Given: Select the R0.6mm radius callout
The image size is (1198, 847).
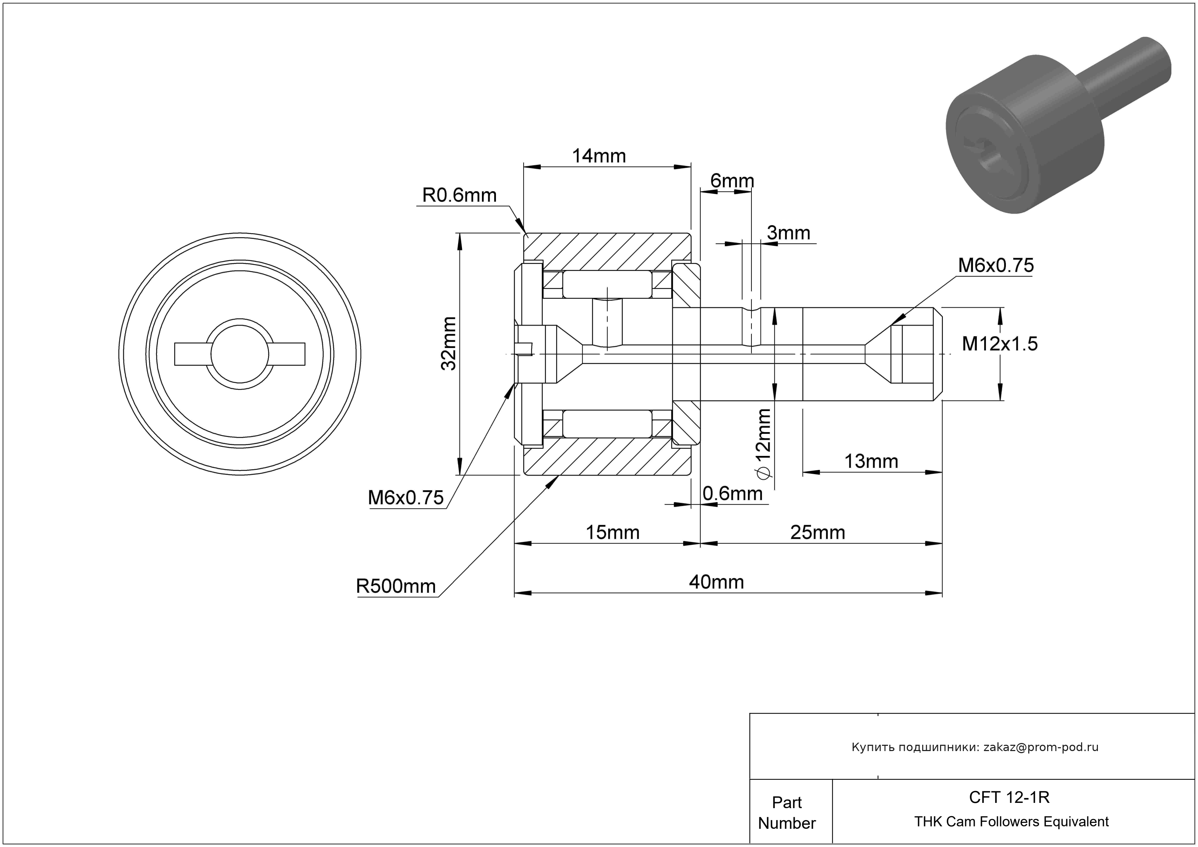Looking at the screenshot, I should (459, 195).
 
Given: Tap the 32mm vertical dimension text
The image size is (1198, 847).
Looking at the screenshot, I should (449, 343).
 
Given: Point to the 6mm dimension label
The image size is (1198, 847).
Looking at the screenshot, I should (732, 181).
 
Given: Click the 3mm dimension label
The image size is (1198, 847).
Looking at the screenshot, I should (789, 233).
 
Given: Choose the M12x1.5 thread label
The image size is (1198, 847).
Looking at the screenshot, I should (999, 344).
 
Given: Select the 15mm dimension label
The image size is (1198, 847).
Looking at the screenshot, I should (612, 532).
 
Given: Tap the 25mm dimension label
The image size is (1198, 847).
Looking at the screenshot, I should (817, 532).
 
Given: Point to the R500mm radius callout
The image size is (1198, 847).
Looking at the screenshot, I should (395, 586).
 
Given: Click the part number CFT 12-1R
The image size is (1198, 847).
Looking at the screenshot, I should (1009, 797).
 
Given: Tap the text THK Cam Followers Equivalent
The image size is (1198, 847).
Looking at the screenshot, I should (1011, 821).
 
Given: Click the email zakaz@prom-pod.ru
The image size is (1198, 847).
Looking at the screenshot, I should (1041, 747).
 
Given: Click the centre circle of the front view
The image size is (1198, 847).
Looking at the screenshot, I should (239, 354).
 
